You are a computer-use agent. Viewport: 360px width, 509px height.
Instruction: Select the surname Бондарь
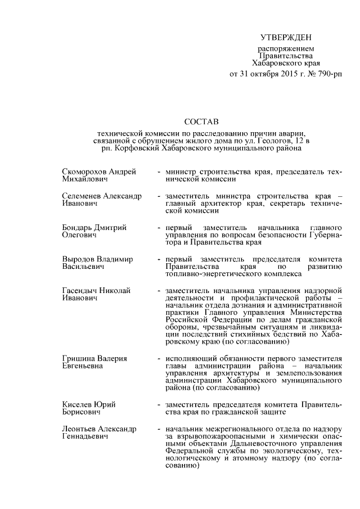[x=78, y=227]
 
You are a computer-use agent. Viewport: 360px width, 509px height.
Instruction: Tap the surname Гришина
[x=78, y=358]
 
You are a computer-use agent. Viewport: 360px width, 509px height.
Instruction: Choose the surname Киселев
[x=77, y=405]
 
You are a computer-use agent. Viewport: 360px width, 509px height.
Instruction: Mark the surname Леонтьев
[x=80, y=429]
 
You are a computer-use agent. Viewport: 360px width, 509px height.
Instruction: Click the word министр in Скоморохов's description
[x=181, y=171]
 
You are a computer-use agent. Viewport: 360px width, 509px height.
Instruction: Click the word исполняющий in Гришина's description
[x=190, y=358]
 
